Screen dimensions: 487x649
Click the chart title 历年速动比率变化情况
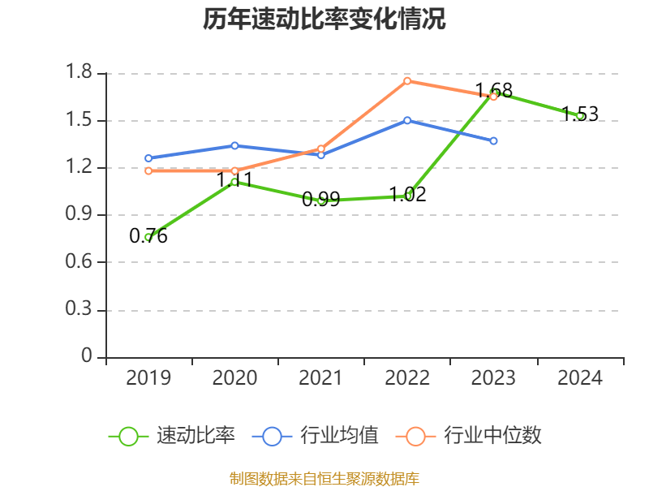tap(324, 19)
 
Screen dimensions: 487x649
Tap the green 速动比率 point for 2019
tap(148, 237)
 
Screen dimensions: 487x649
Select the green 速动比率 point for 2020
tap(234, 182)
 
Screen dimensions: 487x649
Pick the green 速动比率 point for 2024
tap(580, 116)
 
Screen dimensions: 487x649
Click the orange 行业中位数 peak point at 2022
tap(407, 80)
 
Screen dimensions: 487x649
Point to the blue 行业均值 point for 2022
tap(407, 120)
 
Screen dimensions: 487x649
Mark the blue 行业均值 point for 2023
tap(493, 140)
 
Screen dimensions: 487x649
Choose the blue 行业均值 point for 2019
tap(148, 158)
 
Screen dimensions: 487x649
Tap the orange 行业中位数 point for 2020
tap(234, 170)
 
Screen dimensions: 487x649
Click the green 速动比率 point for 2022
tap(407, 196)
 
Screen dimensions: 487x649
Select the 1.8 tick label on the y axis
tap(80, 73)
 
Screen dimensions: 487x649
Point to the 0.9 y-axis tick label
tap(80, 215)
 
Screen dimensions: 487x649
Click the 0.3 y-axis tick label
tap(80, 310)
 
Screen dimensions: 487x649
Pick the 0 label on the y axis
tap(88, 357)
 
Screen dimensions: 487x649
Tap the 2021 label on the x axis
tap(320, 378)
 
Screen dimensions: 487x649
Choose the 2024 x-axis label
tap(580, 378)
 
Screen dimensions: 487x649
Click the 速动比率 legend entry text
tap(196, 436)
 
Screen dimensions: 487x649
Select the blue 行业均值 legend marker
tap(272, 436)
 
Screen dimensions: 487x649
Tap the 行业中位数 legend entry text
tap(492, 436)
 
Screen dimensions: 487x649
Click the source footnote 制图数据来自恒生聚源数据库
tap(324, 478)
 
